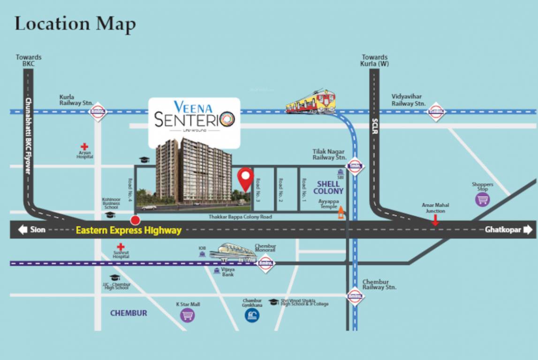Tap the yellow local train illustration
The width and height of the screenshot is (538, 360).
click(311, 102)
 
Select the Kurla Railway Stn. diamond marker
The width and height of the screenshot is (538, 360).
click(98, 112)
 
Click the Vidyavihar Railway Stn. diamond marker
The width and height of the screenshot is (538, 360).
click(436, 112)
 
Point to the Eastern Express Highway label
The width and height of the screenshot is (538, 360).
click(129, 230)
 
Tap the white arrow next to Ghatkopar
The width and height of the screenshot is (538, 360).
click(528, 230)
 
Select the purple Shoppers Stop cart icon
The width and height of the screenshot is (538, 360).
click(482, 199)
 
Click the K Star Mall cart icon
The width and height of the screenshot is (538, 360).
click(188, 315)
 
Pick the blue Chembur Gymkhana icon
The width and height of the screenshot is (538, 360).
click(252, 315)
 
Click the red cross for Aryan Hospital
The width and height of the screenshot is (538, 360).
click(84, 147)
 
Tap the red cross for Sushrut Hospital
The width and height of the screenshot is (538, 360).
click(121, 247)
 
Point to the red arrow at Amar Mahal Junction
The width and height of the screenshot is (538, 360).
click(435, 220)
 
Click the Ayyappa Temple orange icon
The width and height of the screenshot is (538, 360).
click(341, 213)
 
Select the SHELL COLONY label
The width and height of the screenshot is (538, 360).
click(328, 187)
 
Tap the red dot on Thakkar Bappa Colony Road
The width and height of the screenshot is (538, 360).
click(136, 220)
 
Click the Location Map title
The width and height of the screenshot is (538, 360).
click(75, 23)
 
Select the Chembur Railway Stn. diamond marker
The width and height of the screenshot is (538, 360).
click(355, 297)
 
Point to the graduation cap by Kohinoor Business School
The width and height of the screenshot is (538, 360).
click(110, 215)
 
